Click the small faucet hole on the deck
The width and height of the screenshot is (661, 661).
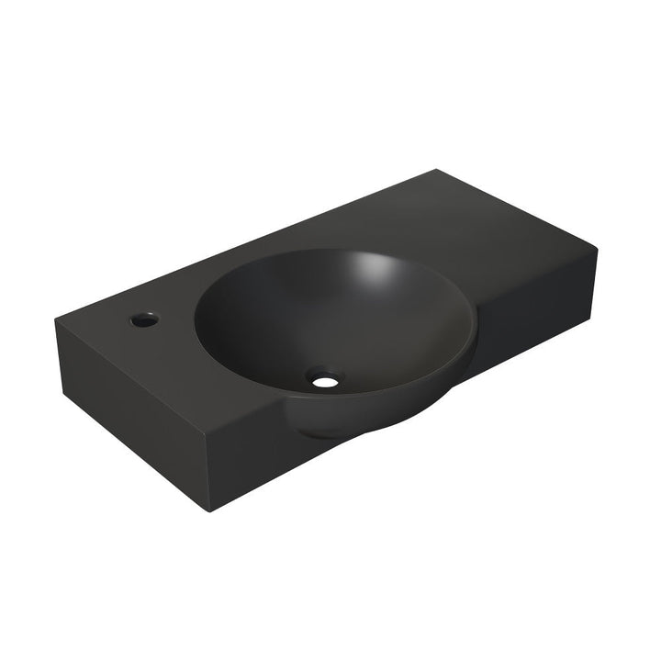tap(143, 320)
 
